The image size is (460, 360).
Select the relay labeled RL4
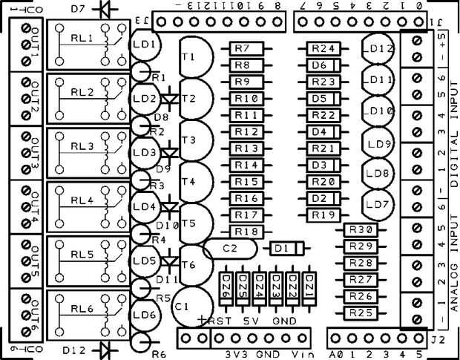87,206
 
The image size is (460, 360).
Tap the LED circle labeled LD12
380,48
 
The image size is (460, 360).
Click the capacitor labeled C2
227,249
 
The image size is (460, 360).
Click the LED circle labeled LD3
145,152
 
